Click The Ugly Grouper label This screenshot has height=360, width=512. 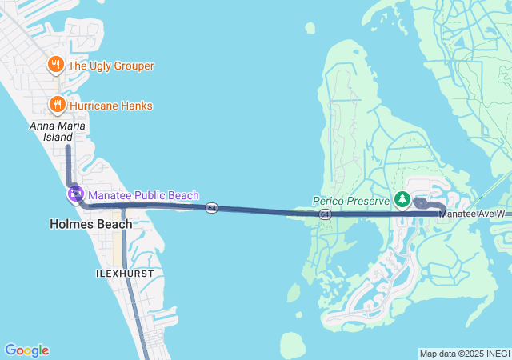point(111,66)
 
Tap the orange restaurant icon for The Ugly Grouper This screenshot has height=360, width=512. point(56,64)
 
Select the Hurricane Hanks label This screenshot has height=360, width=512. point(110,106)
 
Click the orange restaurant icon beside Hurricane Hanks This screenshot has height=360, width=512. point(57,104)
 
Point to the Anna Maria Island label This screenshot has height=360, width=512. point(58,132)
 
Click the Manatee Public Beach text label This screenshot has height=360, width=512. point(143,195)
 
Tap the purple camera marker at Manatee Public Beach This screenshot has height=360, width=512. point(75,193)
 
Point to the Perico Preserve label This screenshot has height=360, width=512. point(350,201)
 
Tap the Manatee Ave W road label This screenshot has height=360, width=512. point(477,214)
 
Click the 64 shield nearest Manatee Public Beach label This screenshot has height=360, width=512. point(211,208)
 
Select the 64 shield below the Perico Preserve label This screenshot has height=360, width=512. point(324,214)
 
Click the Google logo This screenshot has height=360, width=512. point(26,350)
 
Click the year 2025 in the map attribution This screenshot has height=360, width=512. point(470,354)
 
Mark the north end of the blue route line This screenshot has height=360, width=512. point(67,146)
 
